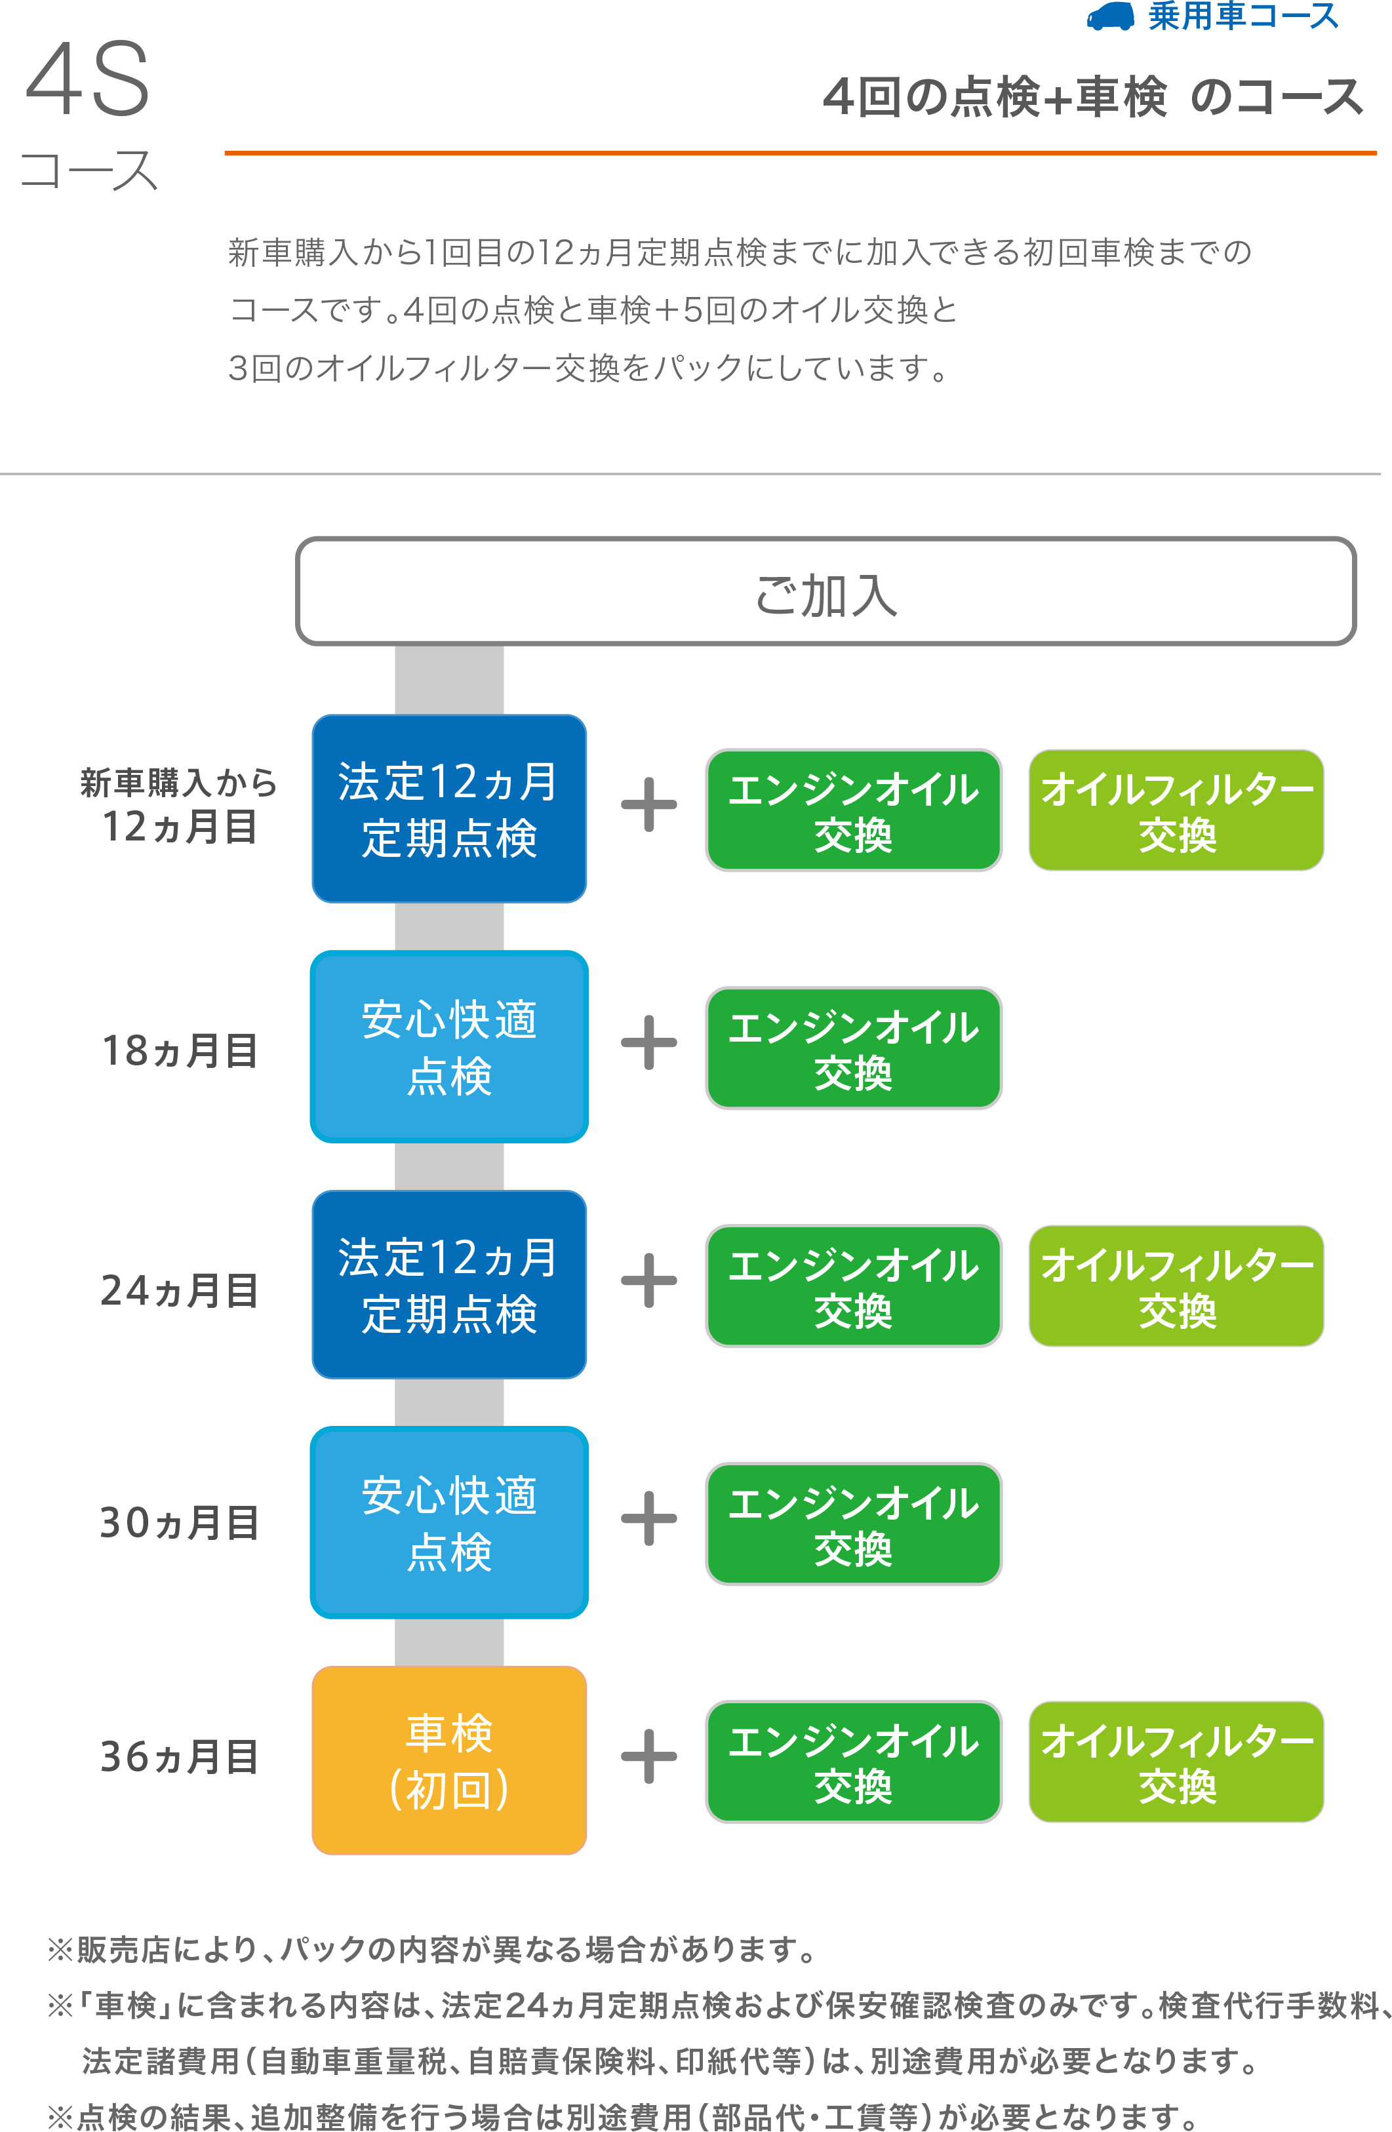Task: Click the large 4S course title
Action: pyautogui.click(x=88, y=81)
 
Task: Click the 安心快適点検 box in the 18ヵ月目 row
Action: pyautogui.click(x=448, y=1046)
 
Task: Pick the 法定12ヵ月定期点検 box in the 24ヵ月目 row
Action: pyautogui.click(x=448, y=1284)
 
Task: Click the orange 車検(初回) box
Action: pyautogui.click(x=448, y=1760)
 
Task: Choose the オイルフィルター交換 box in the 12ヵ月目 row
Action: pyautogui.click(x=1175, y=810)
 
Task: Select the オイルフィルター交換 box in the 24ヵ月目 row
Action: pyautogui.click(x=1175, y=1286)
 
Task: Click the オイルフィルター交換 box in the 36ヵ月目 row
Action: pyautogui.click(x=1175, y=1761)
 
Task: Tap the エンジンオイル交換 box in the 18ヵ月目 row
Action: pyautogui.click(x=853, y=1048)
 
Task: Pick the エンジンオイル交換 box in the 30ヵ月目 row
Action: pyautogui.click(x=853, y=1524)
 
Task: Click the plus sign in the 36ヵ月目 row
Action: pyautogui.click(x=648, y=1756)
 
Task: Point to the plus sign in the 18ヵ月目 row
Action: pyautogui.click(x=648, y=1042)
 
